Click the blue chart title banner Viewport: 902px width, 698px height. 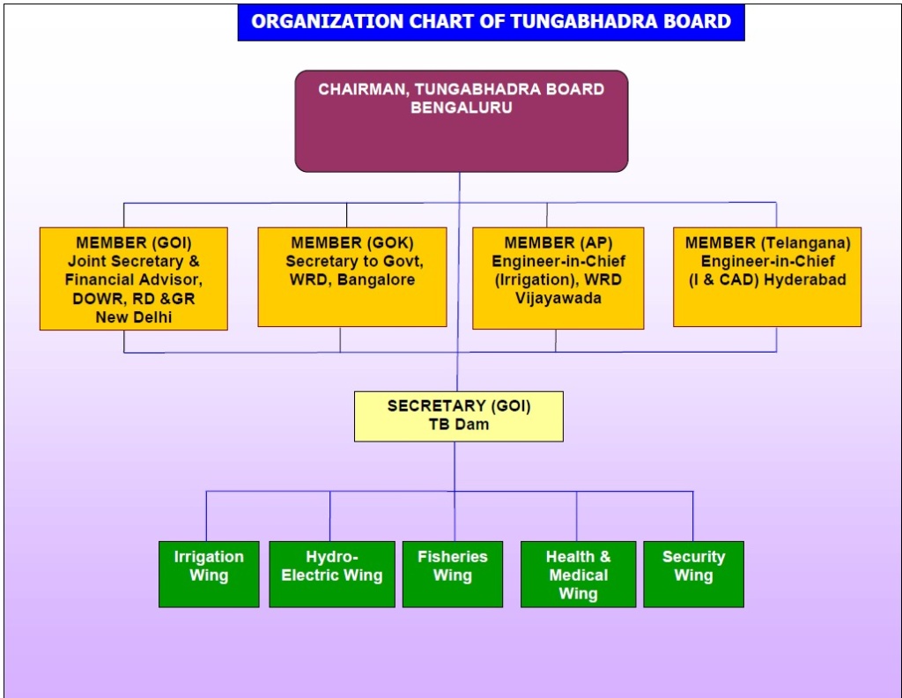[491, 22]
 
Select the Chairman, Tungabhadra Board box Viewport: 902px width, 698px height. [461, 122]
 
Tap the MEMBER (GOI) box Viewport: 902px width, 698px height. [133, 278]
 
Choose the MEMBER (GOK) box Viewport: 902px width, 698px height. [351, 277]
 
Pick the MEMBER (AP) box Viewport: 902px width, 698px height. [558, 278]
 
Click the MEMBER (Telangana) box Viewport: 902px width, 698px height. [767, 277]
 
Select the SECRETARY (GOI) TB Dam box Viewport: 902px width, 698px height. [458, 416]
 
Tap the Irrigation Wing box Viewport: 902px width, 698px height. [209, 574]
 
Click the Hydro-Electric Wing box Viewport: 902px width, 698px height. [331, 574]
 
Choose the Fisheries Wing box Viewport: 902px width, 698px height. [452, 574]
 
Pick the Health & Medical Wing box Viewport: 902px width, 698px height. [578, 574]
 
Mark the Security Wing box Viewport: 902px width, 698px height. [693, 574]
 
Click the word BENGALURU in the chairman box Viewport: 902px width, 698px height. [461, 108]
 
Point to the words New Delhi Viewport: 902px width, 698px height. [134, 317]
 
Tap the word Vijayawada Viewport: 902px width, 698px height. [558, 298]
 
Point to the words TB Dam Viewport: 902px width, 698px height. [458, 425]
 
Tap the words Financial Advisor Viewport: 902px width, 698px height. [133, 280]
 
